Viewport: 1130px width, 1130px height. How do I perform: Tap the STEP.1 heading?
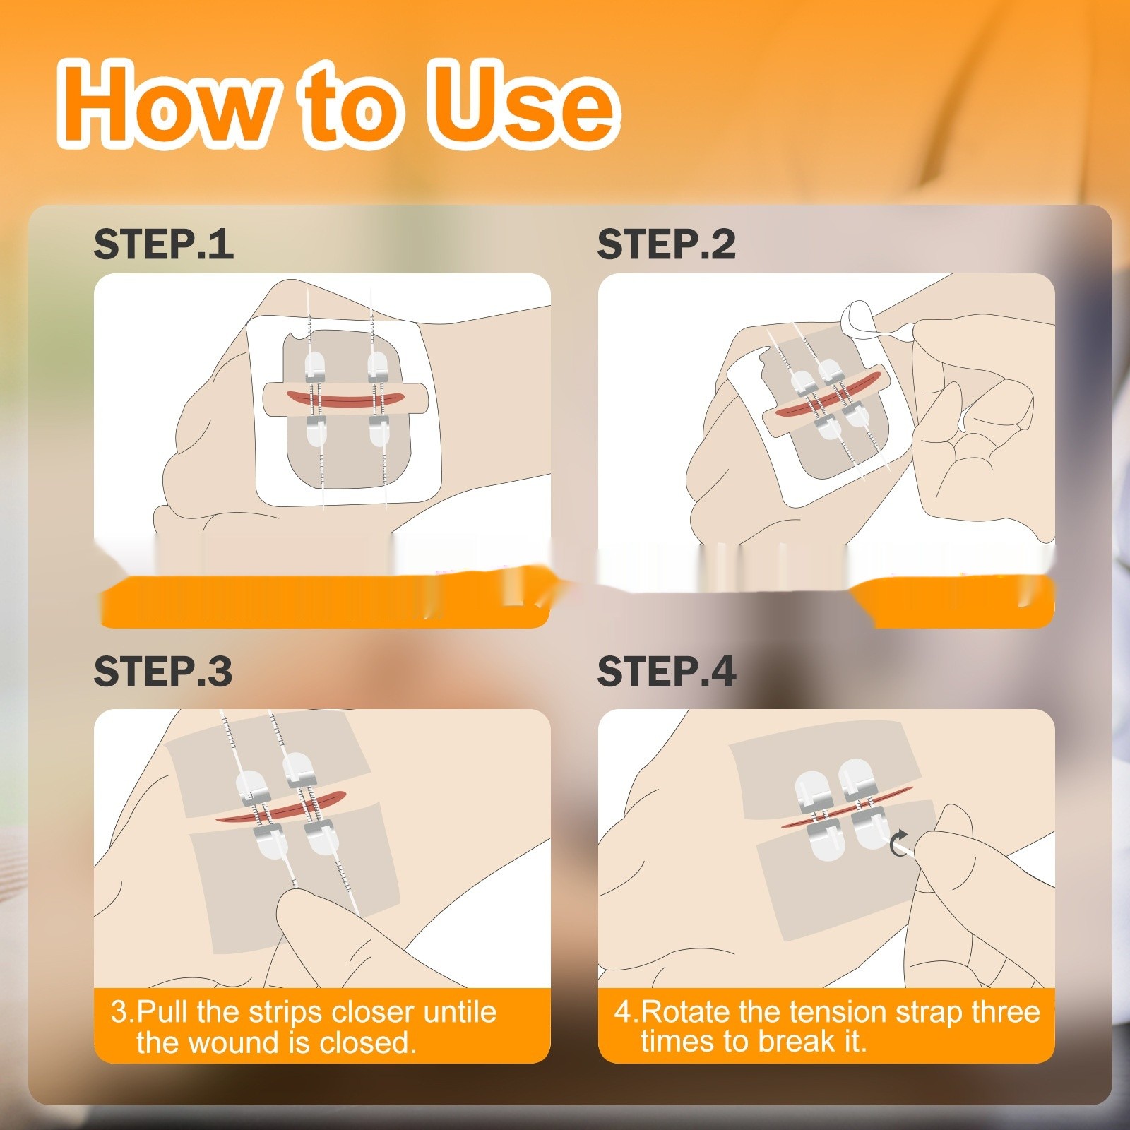(163, 244)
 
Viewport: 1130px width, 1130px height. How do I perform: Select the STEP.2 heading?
(666, 244)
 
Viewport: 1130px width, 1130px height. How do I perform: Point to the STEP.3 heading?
(163, 671)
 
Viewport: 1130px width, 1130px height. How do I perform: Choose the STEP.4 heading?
(666, 671)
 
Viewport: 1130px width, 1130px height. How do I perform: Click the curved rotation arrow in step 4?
(900, 843)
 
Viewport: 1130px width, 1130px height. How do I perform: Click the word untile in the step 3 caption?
(460, 1012)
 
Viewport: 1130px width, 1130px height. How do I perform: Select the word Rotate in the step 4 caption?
(686, 1012)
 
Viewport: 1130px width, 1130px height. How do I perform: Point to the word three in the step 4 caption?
(1005, 1012)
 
